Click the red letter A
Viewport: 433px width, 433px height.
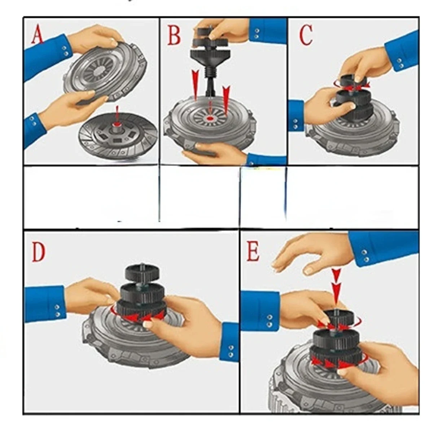point(37,35)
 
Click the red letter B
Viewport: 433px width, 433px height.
point(174,35)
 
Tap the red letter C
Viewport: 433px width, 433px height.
point(306,35)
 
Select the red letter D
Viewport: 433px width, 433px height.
point(38,252)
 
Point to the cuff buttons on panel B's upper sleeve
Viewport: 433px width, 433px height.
point(257,34)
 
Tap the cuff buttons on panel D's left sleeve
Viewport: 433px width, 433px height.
point(57,311)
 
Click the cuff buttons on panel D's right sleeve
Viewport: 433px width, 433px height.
point(231,352)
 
